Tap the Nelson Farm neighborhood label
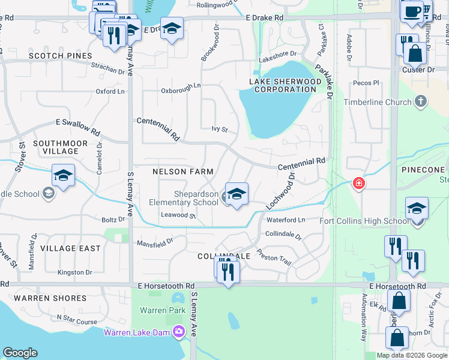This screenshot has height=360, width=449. pos(183,172)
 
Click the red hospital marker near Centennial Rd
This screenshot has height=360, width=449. pos(359,183)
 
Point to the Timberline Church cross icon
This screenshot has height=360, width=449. pos(420,102)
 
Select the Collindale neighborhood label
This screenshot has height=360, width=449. pos(224,256)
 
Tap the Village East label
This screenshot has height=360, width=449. pos(66,248)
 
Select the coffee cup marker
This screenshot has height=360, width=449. pos(412,12)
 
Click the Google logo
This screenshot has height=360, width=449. pos(20,353)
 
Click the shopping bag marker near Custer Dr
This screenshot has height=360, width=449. pos(415,53)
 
